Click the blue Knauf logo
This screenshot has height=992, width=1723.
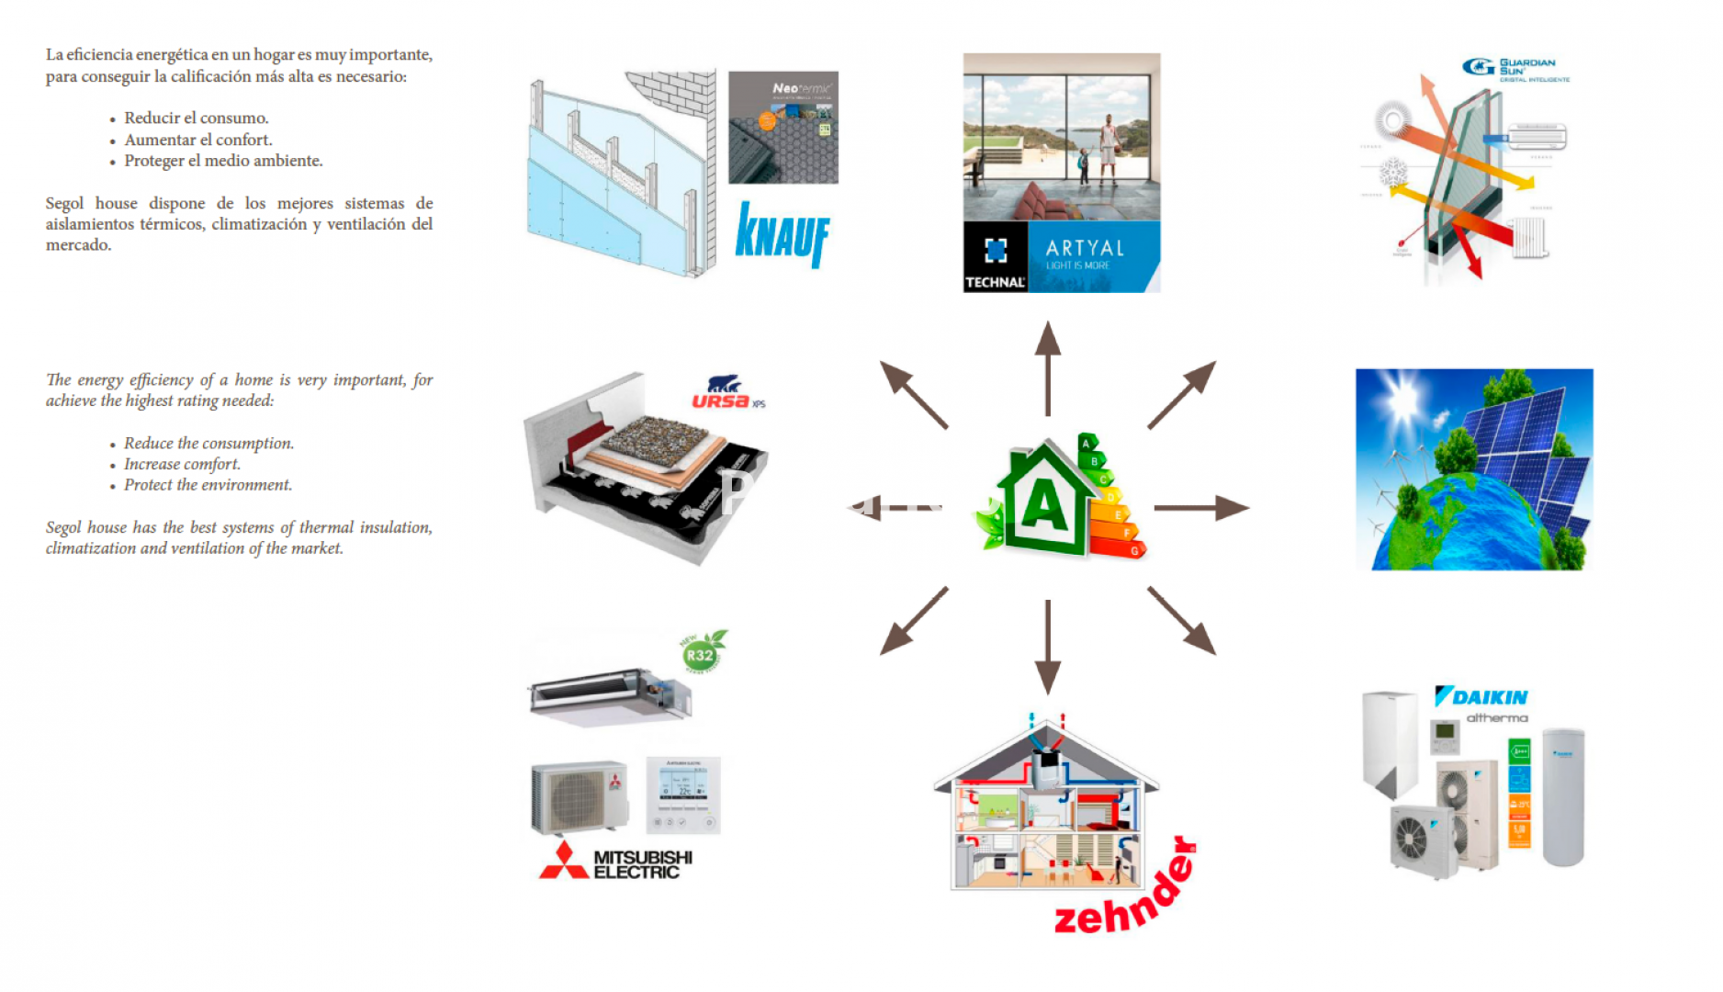tap(782, 234)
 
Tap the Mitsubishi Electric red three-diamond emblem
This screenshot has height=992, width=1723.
tap(563, 862)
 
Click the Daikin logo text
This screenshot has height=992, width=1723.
tap(1481, 697)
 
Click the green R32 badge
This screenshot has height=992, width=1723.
tap(701, 654)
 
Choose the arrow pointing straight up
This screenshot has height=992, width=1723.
tap(1047, 367)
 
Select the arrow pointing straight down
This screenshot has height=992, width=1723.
tap(1047, 647)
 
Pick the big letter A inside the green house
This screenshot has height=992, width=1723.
tap(1045, 504)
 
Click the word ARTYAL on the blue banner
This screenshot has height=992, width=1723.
tap(1085, 248)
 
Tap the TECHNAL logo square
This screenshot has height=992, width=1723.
tap(996, 257)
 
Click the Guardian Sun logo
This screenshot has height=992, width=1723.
tap(1515, 68)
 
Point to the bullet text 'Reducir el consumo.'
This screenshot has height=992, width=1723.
tap(197, 118)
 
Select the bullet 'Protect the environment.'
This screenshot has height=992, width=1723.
tap(208, 485)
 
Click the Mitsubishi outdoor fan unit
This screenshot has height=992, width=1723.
tap(580, 796)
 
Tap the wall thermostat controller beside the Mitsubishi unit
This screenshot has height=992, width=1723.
tap(683, 795)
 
